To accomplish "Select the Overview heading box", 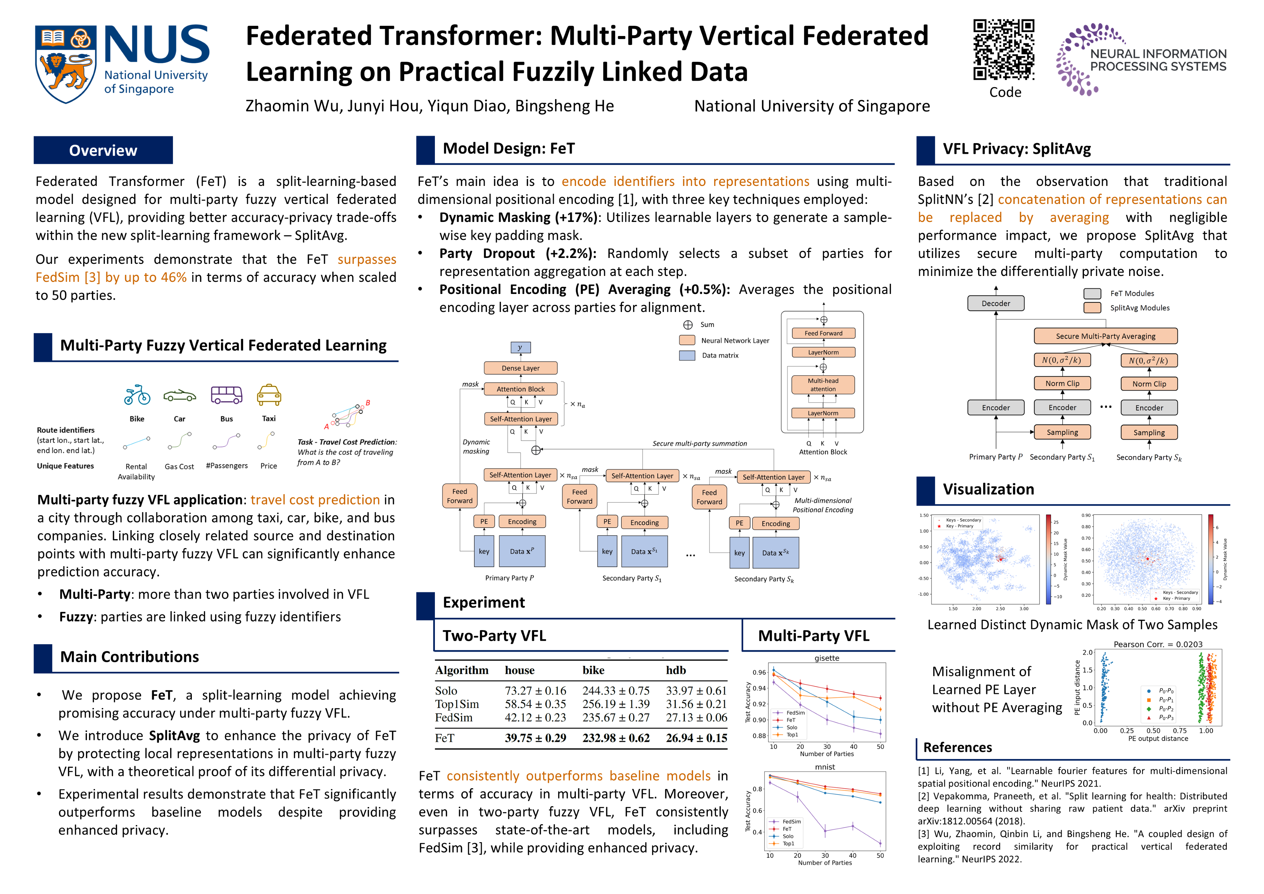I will point(103,150).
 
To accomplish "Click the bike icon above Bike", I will point(137,395).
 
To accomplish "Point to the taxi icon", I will point(269,395).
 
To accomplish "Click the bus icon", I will point(226,395).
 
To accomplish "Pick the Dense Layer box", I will point(520,368).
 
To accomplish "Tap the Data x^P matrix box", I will point(522,551).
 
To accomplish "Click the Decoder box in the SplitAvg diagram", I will point(996,303).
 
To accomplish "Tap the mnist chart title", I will point(825,767).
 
